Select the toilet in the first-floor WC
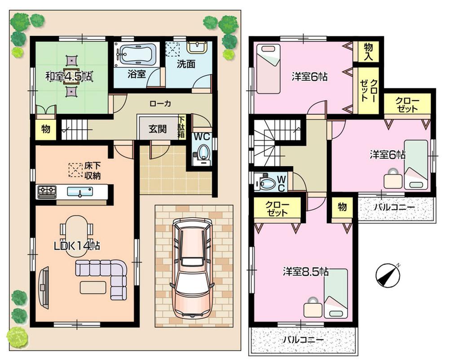203,152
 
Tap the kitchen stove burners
47,192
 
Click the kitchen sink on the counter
80,192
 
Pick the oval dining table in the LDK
77,236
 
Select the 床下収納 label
92,170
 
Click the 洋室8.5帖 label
305,272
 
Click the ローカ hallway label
160,103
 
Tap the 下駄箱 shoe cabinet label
182,127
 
